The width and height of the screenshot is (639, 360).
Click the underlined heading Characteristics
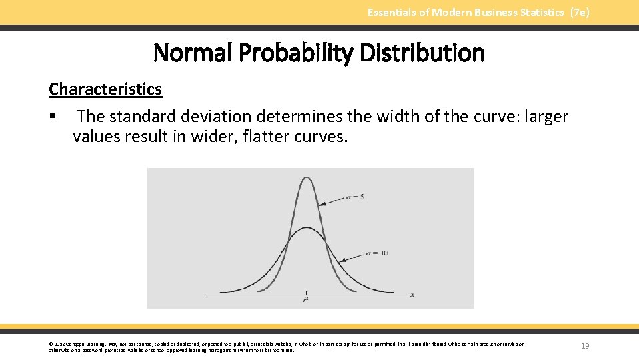coord(105,89)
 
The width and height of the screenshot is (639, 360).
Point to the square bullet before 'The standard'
coord(52,117)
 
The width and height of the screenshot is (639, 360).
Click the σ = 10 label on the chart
coord(377,253)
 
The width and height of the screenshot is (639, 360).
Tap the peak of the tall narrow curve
coord(306,176)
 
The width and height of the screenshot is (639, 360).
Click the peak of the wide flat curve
coord(306,229)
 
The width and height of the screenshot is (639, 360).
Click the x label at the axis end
coord(412,294)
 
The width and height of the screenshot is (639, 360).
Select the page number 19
coord(585,346)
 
